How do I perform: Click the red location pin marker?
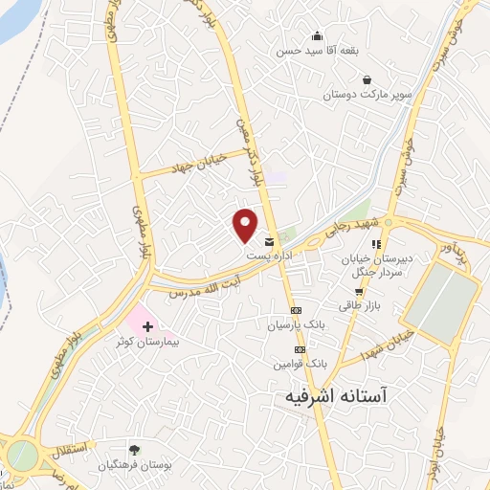[x=245, y=224]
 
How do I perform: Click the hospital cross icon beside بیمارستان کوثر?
[x=146, y=326]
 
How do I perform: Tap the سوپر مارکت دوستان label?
[x=356, y=96]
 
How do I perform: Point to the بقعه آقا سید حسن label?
[x=311, y=52]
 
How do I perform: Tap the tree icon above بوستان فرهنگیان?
[x=134, y=450]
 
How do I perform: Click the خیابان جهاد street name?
[x=194, y=160]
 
